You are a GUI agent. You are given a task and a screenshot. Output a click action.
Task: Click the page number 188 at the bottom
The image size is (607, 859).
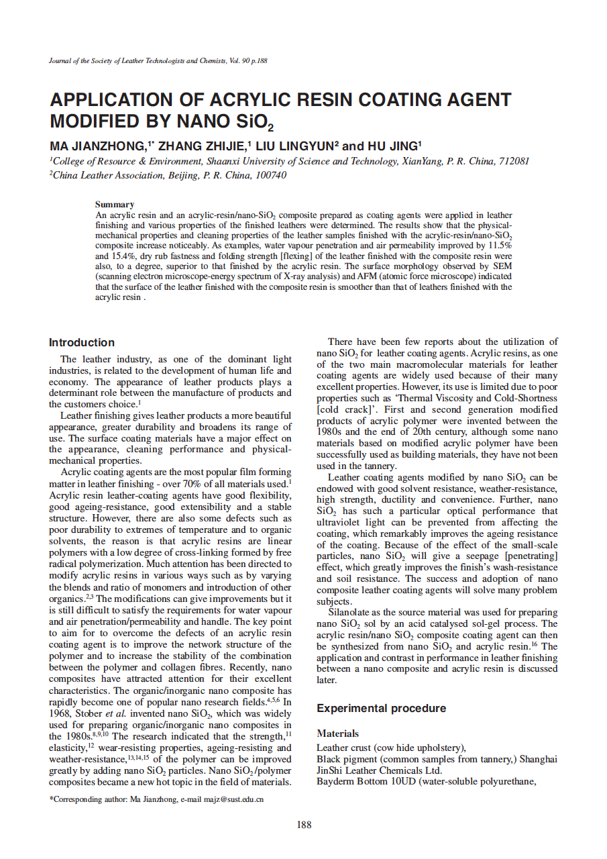tap(304, 825)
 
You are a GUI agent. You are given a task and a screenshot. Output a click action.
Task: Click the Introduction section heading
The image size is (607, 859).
tap(82, 342)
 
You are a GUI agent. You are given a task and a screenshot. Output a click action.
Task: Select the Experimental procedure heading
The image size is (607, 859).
tap(381, 708)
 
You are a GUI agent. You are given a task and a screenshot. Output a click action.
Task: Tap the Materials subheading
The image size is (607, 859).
tap(337, 734)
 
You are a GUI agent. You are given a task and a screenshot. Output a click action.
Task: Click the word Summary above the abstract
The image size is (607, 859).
tap(115, 204)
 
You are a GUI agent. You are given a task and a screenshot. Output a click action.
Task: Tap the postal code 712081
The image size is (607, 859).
tap(514, 161)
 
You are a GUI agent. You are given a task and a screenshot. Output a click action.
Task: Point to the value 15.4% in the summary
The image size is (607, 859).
tap(131, 256)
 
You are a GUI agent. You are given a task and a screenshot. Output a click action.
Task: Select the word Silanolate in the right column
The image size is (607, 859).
tap(352, 612)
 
